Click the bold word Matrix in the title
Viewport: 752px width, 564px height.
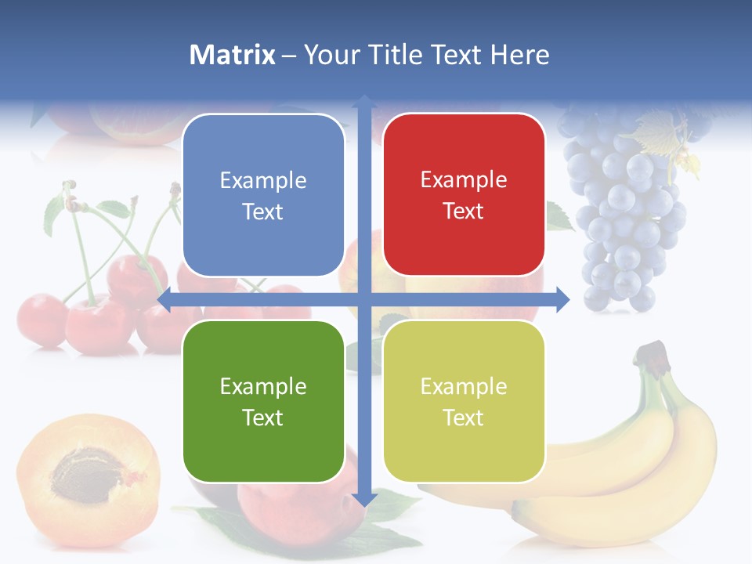[233, 55]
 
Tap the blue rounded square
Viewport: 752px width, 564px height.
[263, 195]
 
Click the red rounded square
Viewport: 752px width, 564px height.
[464, 195]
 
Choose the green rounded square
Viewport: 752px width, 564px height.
[263, 402]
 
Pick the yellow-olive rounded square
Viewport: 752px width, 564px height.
[464, 402]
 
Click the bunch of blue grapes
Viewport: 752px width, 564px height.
[627, 211]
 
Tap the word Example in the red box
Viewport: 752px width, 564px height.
[464, 180]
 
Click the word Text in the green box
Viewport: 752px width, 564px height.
[263, 418]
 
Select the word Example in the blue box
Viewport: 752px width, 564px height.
[263, 181]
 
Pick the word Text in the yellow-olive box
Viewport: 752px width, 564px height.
[464, 418]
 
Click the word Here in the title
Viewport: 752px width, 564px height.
[519, 55]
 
